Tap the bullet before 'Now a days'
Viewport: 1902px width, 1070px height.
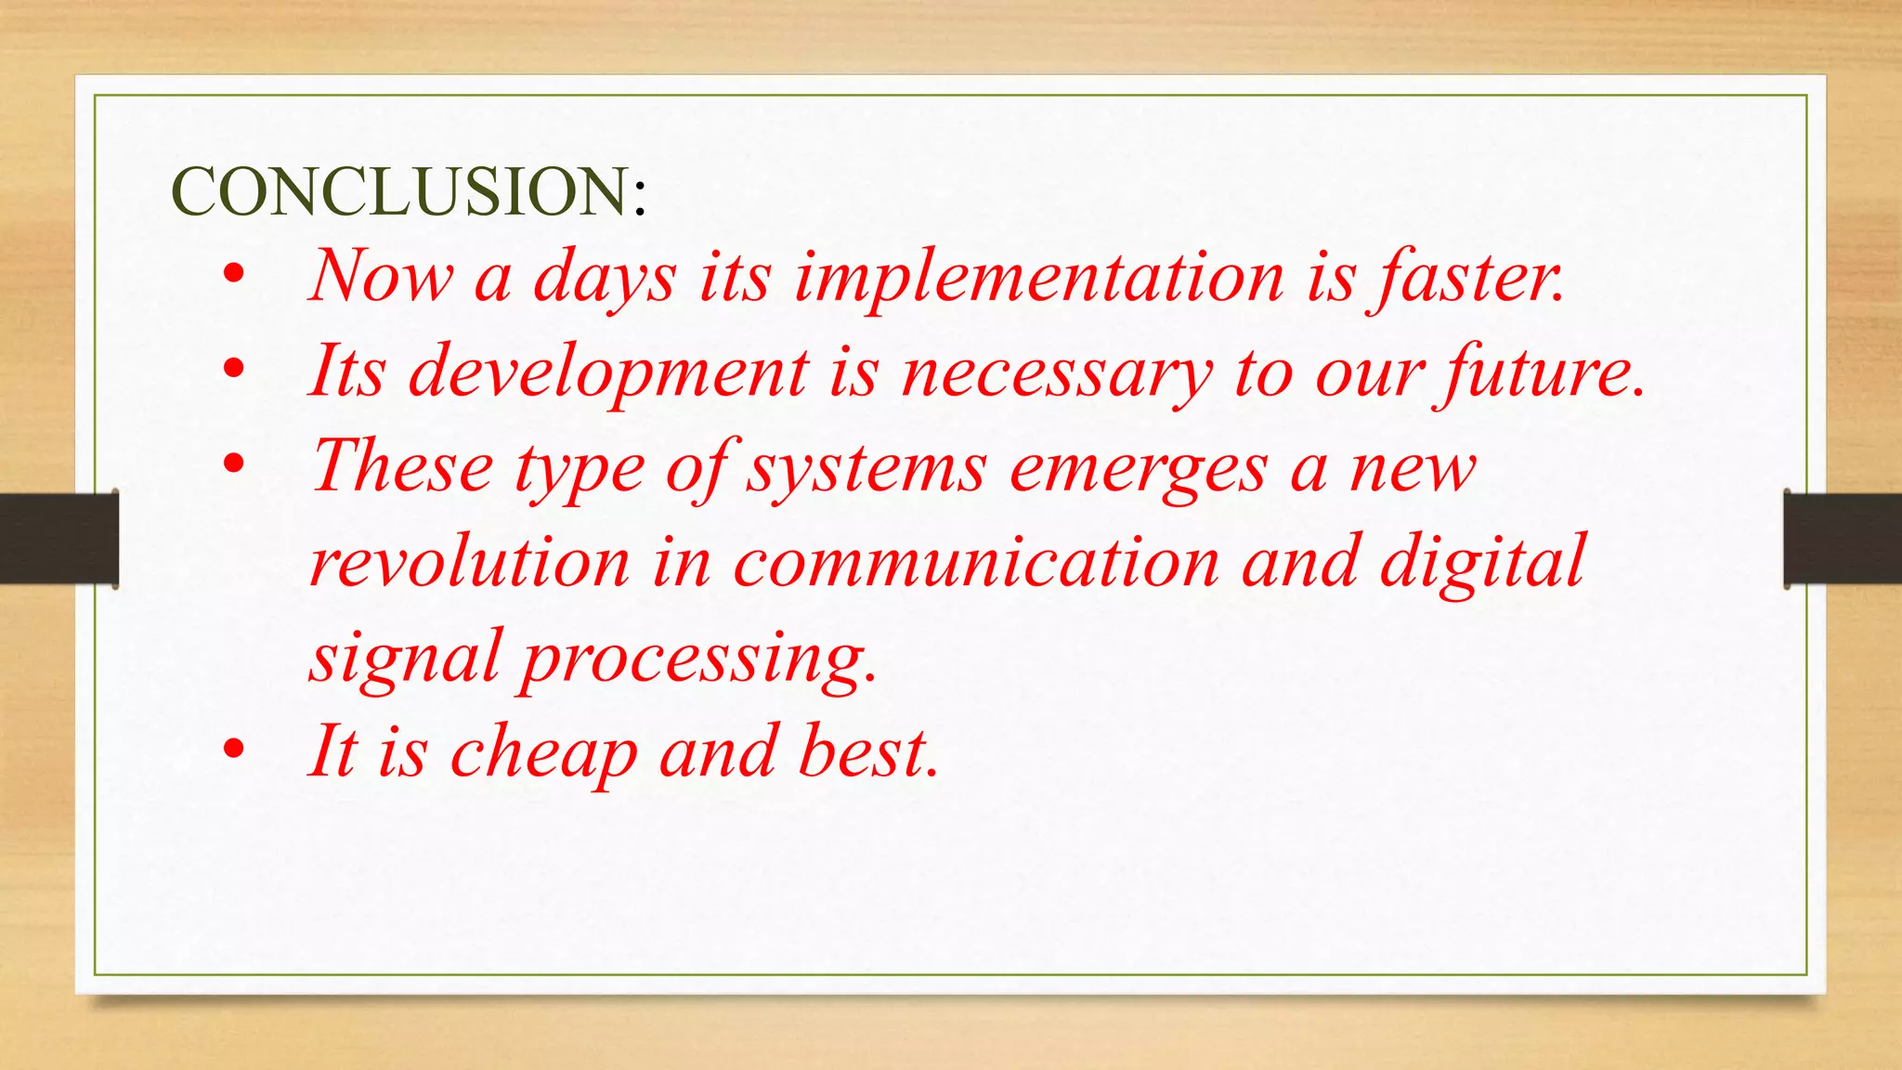(234, 274)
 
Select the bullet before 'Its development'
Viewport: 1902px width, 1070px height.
(234, 369)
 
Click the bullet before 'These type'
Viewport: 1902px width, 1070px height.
(234, 463)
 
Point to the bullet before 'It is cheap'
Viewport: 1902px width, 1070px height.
(234, 749)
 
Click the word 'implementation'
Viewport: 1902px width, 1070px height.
(1038, 277)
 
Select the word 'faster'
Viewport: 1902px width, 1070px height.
(1469, 277)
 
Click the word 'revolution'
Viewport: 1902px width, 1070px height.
(470, 563)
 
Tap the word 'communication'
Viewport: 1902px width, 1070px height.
(975, 563)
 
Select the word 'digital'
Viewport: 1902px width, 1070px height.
(1482, 563)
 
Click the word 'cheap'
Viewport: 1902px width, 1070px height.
(543, 752)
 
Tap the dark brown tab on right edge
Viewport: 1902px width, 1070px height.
(1843, 539)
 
